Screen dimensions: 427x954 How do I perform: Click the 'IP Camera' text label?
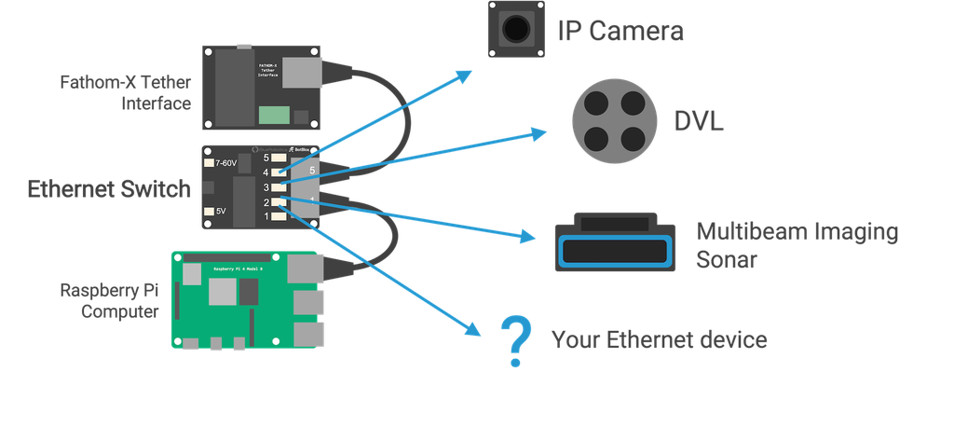pos(620,31)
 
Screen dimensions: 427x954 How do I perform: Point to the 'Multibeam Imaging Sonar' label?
pos(797,245)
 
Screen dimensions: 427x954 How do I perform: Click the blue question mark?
pos(512,340)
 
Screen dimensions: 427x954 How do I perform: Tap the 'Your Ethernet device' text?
pos(660,339)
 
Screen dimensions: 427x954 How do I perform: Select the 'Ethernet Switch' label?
pos(109,189)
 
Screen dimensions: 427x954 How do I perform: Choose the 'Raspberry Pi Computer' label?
pos(110,299)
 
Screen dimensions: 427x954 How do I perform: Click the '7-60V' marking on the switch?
pos(226,163)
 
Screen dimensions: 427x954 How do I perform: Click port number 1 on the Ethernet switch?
pos(266,216)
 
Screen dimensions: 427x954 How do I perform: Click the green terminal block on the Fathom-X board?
pos(274,115)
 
